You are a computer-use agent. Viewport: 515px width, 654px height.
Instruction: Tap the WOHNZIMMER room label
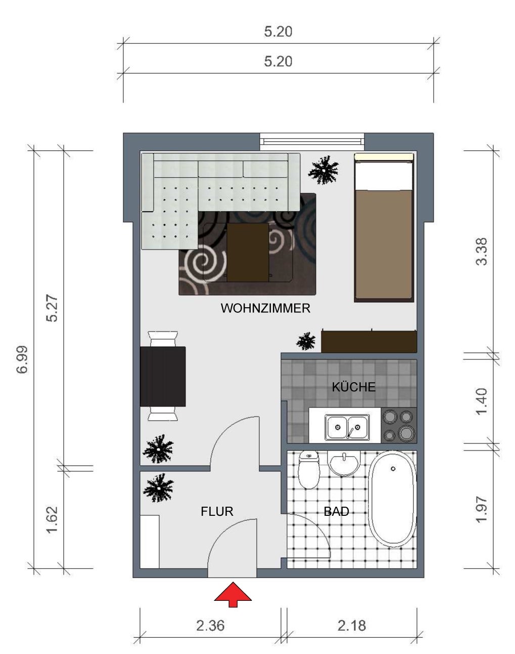click(x=265, y=308)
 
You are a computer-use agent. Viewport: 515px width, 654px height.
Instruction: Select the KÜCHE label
click(x=354, y=387)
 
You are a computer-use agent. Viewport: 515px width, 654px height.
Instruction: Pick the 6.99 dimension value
click(x=22, y=359)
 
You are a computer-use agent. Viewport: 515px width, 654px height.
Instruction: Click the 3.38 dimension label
click(x=481, y=252)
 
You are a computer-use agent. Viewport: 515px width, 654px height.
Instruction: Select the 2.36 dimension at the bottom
click(x=210, y=626)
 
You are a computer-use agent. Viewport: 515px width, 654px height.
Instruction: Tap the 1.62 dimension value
click(x=52, y=519)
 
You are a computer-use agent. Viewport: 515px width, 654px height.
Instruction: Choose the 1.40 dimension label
click(x=481, y=401)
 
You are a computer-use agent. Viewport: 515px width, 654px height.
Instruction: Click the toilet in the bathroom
click(x=309, y=469)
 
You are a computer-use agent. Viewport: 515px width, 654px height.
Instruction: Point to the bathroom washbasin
click(x=344, y=463)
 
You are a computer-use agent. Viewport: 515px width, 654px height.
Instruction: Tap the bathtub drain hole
click(x=393, y=469)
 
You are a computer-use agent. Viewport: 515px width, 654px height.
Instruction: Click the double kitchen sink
click(x=347, y=427)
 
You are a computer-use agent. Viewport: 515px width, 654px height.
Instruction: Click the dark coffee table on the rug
click(x=248, y=253)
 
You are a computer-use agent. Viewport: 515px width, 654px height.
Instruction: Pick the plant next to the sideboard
click(x=306, y=341)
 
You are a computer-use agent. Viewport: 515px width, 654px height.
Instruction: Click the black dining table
click(x=163, y=376)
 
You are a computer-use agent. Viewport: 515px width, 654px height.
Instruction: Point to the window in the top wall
click(x=312, y=142)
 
